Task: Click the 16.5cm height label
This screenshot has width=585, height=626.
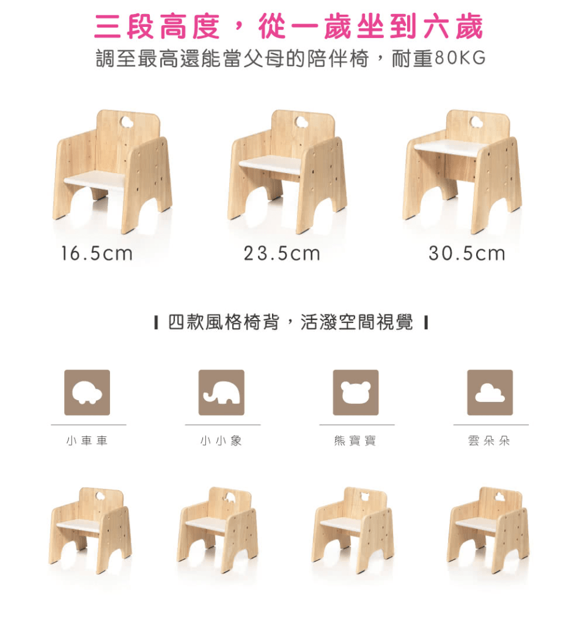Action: [x=97, y=253]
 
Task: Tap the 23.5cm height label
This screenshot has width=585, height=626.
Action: [x=282, y=253]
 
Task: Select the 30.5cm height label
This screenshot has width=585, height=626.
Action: [x=467, y=253]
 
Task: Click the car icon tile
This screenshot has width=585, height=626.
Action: [x=87, y=392]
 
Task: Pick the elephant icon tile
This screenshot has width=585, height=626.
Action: [x=221, y=392]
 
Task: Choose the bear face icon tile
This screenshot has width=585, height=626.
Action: [x=356, y=392]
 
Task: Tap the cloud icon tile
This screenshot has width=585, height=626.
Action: [x=490, y=392]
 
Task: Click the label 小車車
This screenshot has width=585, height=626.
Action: [x=87, y=441]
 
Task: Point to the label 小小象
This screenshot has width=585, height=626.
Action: [x=221, y=441]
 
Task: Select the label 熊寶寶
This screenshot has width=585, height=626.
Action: [x=355, y=441]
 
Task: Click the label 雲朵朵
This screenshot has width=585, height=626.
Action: [x=489, y=441]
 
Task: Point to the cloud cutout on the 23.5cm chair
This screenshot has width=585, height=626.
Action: [x=302, y=121]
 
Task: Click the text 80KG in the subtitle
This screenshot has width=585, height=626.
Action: [x=460, y=58]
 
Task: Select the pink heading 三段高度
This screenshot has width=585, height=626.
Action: [x=156, y=26]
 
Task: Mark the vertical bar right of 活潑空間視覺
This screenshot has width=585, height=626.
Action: [x=426, y=322]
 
